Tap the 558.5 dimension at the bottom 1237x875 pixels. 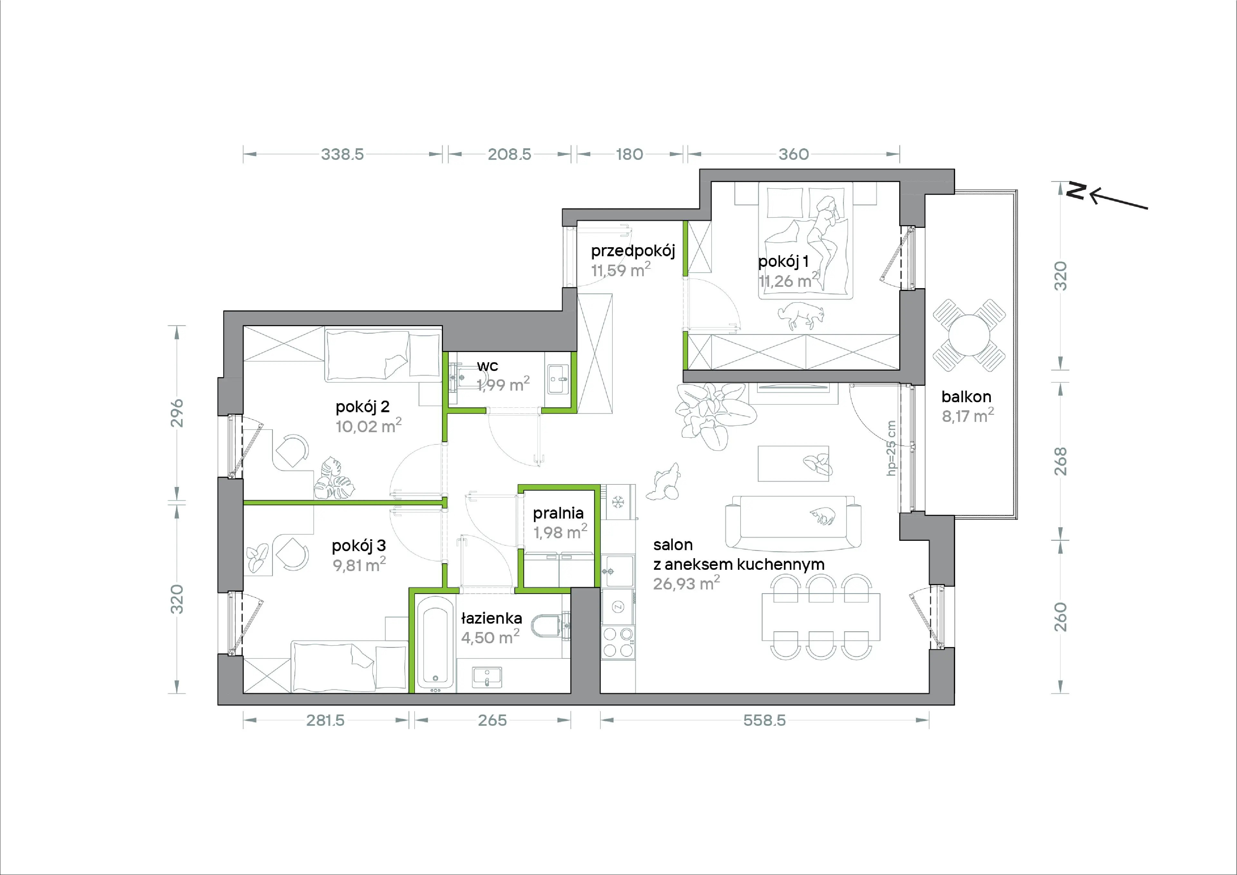coord(764,720)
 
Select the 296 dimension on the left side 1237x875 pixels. coord(177,413)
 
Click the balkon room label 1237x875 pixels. coord(966,397)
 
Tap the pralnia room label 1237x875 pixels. coord(558,513)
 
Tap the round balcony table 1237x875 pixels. coord(969,335)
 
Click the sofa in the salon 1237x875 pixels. coord(793,522)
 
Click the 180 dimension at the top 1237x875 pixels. coord(629,154)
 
